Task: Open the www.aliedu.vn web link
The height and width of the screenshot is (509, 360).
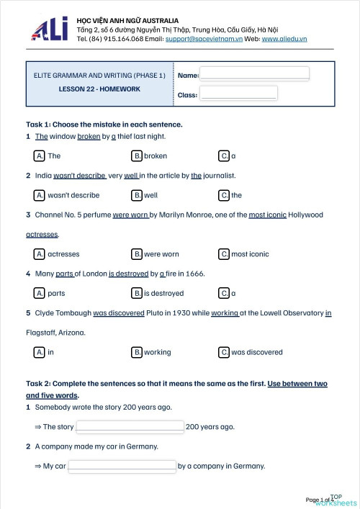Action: [284, 39]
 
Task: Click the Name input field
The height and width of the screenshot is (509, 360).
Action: [254, 73]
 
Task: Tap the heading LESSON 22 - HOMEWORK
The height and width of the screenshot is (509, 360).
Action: [99, 89]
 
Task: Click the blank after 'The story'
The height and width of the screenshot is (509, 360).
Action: [130, 426]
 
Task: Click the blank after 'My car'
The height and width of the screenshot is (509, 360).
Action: [122, 466]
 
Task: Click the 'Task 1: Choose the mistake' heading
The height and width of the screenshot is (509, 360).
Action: [104, 124]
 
